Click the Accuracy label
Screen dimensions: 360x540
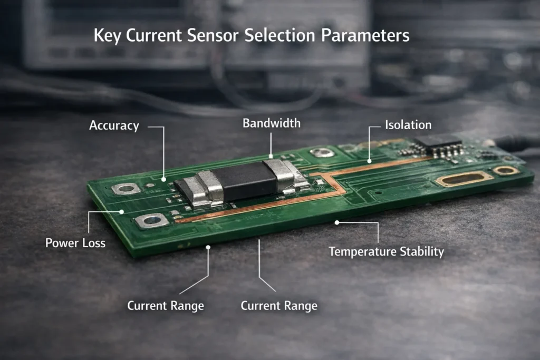tap(114, 125)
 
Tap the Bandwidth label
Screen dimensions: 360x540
tap(271, 123)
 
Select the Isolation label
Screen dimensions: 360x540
tap(408, 125)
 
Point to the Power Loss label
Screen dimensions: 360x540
tap(75, 243)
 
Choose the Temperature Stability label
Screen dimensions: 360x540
tap(386, 251)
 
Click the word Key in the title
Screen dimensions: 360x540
tap(108, 36)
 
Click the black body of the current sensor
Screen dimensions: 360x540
tap(245, 182)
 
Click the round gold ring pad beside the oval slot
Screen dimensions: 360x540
tap(505, 170)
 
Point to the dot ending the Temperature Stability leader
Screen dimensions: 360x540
tap(337, 222)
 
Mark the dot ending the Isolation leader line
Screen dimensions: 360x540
tap(369, 160)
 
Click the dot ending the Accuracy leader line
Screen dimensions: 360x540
tap(164, 179)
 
